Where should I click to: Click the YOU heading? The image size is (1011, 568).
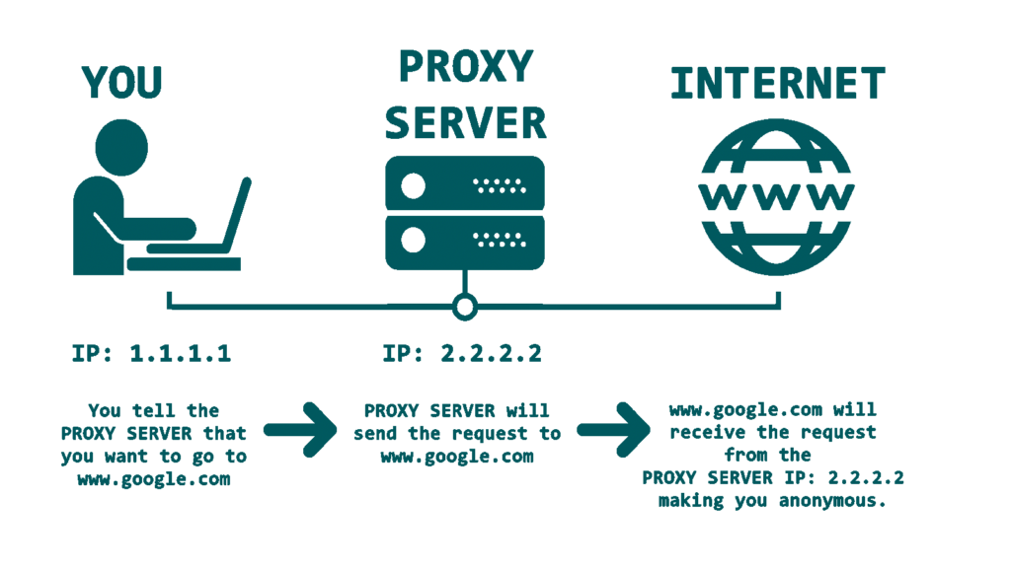(x=122, y=83)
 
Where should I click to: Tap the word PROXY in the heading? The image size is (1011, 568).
(x=464, y=67)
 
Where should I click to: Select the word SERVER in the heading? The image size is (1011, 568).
(x=464, y=123)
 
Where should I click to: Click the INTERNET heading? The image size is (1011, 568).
(x=777, y=85)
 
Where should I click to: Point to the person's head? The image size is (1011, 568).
(x=119, y=145)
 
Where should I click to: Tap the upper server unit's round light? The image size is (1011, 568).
(x=414, y=184)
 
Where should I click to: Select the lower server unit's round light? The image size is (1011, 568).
(x=414, y=240)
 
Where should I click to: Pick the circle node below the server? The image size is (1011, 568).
(x=464, y=307)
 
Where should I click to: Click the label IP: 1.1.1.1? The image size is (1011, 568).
(x=152, y=353)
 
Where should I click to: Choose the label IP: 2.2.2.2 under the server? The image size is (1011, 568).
(x=463, y=353)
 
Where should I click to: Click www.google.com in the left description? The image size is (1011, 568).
(x=153, y=480)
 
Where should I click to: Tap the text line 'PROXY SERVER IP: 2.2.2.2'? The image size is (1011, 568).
(x=773, y=478)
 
